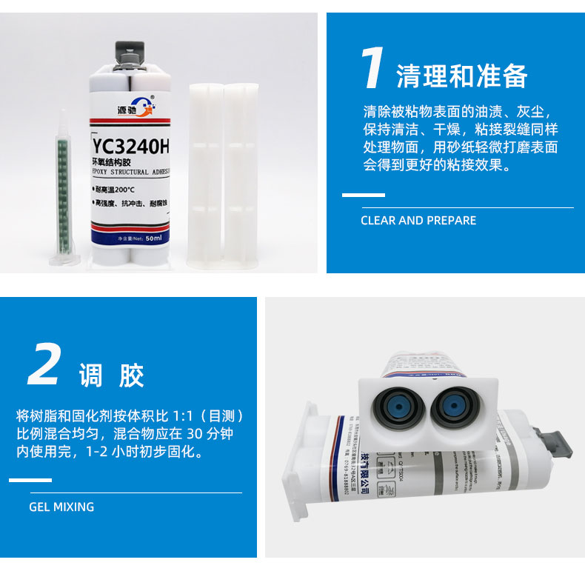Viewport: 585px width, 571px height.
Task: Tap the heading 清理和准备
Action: (x=462, y=76)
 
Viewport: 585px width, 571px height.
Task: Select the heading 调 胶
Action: (x=112, y=376)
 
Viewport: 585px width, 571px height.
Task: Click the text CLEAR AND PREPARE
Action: (x=418, y=221)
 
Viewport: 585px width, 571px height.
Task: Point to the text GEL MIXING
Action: (x=61, y=507)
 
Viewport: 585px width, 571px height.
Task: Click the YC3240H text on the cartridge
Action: (x=130, y=147)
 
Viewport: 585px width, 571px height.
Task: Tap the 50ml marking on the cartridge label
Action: (x=154, y=238)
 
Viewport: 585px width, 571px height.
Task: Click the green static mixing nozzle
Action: (x=62, y=185)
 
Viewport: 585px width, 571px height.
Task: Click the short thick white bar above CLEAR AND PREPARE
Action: (x=363, y=195)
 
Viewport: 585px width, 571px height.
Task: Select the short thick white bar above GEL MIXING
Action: (x=30, y=481)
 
